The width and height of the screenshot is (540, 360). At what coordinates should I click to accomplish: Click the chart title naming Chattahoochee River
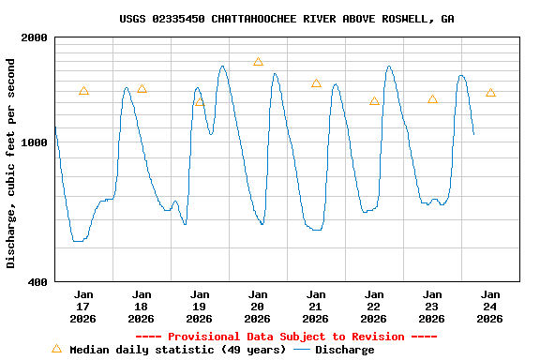pos(287,19)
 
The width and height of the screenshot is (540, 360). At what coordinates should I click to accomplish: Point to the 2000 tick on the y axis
pos(34,37)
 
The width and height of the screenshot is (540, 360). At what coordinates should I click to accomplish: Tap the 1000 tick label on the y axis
pos(34,142)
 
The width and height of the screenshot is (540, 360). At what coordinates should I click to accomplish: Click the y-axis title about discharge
pos(11,163)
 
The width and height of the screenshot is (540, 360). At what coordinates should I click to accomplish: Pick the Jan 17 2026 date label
pos(83,307)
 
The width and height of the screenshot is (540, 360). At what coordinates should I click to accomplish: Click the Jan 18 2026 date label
pos(142,307)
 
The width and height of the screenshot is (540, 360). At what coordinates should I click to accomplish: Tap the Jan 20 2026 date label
pos(258,307)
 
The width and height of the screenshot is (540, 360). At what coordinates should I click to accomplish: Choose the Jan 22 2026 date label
pos(374,307)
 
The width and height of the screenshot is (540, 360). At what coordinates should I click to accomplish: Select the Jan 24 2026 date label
pos(490,307)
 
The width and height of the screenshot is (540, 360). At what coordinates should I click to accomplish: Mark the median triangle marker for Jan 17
pos(83,91)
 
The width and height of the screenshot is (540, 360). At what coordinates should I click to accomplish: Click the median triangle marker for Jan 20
pos(258,62)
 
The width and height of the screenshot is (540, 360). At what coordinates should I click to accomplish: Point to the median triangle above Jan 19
pos(200,101)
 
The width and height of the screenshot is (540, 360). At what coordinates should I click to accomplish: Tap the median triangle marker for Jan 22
pos(374,100)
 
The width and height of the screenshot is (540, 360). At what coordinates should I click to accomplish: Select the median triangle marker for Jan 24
pos(490,93)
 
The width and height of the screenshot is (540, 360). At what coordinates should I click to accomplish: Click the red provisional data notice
pos(286,337)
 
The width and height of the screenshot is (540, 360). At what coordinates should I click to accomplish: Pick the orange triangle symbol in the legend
pos(56,349)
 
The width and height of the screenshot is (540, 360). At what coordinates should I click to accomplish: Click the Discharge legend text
pos(344,350)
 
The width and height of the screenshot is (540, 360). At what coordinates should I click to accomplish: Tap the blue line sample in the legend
pos(301,350)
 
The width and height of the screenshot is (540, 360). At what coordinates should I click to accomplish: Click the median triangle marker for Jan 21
pos(316,83)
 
